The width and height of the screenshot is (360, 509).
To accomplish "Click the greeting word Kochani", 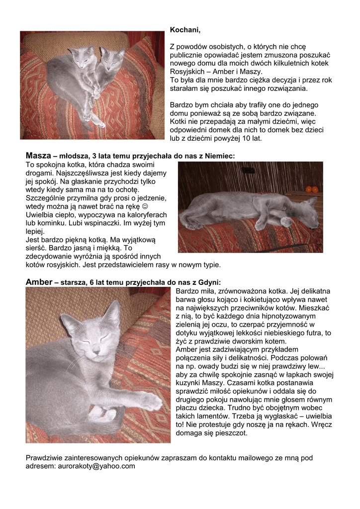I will [185, 31].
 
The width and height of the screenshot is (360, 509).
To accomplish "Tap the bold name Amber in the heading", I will [39, 282].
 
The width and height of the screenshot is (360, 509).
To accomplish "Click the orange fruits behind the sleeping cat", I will [312, 189].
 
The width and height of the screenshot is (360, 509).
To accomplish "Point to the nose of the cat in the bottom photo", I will [96, 350].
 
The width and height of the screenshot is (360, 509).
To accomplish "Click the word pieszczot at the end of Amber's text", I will [231, 432].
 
